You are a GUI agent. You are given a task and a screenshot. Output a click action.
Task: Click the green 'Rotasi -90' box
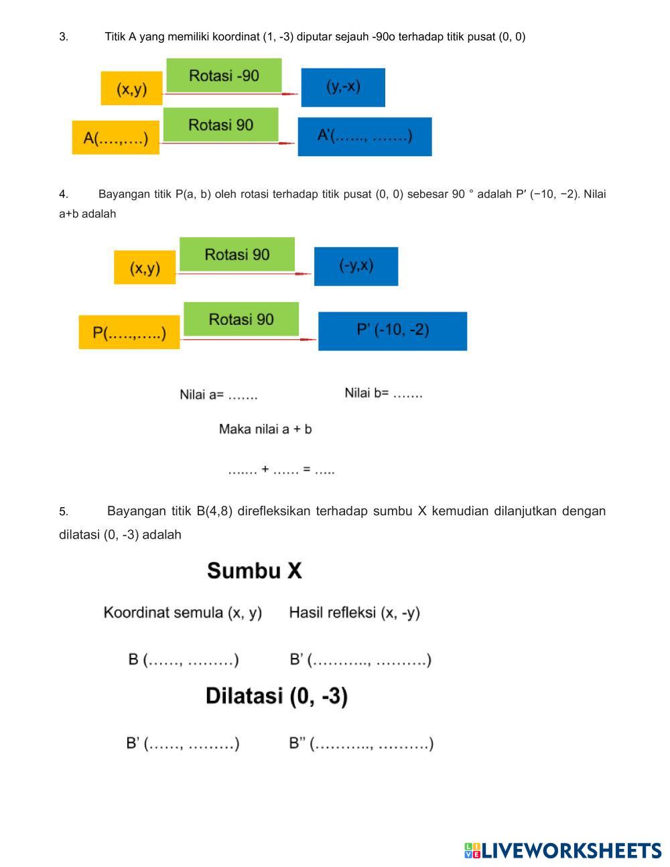(x=224, y=75)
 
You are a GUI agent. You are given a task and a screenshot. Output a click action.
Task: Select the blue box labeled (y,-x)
(x=343, y=87)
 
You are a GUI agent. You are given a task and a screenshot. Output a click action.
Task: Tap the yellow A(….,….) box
(x=116, y=138)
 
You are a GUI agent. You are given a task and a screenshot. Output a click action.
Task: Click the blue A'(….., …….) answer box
(x=364, y=137)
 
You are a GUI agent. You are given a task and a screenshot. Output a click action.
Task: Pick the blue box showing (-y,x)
(x=356, y=266)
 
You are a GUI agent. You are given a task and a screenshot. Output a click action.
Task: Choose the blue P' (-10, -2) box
(x=393, y=330)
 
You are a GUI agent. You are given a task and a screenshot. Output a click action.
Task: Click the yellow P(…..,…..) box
(x=129, y=332)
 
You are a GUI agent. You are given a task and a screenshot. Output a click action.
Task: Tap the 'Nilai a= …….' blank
(x=218, y=395)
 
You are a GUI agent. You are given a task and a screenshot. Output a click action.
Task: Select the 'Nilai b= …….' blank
(x=383, y=393)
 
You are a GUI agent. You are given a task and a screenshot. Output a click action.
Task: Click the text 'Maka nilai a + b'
(x=265, y=429)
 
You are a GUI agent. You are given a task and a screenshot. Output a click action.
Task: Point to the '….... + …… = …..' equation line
(x=281, y=470)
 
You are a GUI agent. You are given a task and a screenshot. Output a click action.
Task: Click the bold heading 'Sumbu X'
(x=255, y=571)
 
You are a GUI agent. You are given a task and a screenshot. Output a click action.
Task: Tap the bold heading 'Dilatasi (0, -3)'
(x=276, y=696)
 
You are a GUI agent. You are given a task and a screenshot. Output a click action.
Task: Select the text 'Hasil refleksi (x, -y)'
(x=354, y=612)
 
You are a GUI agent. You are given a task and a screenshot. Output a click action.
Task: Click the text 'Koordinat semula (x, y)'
(x=182, y=612)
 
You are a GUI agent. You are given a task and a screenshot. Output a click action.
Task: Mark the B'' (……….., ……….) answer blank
(x=361, y=744)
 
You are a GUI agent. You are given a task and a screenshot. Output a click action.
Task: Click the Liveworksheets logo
(x=562, y=850)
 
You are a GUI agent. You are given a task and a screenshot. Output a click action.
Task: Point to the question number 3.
(x=64, y=37)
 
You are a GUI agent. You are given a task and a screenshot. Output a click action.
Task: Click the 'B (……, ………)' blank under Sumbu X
(x=183, y=660)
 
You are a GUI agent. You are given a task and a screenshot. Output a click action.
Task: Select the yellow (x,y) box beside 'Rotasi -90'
(x=131, y=88)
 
